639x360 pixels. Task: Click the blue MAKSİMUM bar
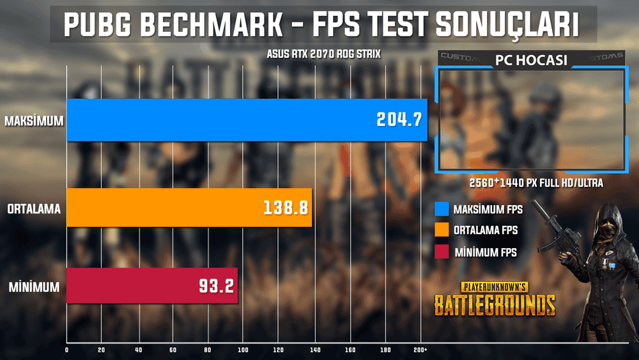[246, 120]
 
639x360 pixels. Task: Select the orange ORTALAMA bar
[189, 207]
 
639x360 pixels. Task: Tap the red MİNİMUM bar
[151, 286]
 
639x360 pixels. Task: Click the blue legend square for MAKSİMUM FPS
[440, 208]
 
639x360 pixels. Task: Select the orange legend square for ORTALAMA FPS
[440, 230]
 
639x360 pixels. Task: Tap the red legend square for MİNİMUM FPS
[440, 252]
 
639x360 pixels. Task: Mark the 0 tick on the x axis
[67, 350]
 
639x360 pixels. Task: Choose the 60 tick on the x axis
[173, 350]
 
